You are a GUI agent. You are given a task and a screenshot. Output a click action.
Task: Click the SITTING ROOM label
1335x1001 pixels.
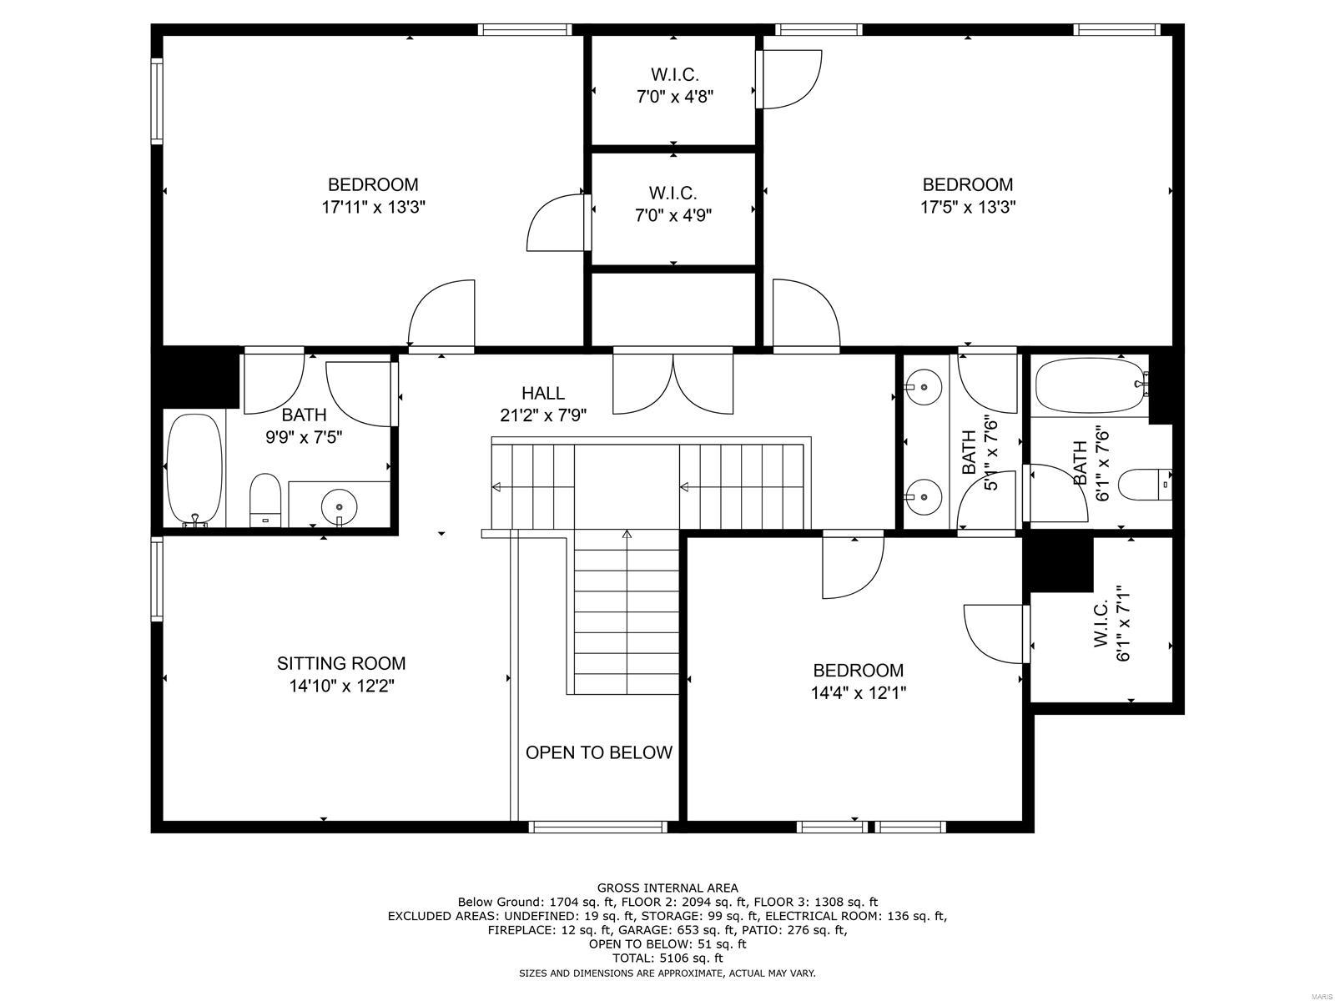click(x=341, y=663)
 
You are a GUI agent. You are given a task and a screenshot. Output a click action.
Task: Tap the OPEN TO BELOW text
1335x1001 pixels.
click(x=598, y=752)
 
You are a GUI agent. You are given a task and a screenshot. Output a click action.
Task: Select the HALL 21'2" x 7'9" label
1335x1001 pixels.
click(x=543, y=404)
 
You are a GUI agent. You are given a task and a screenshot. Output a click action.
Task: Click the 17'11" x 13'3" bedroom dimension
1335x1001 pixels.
click(x=373, y=207)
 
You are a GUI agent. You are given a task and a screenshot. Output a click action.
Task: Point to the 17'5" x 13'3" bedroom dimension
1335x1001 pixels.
click(x=967, y=207)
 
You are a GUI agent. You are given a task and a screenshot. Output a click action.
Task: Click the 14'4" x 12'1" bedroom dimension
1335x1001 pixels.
click(x=858, y=692)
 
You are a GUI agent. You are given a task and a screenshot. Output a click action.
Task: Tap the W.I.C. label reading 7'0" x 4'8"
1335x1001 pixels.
click(x=674, y=85)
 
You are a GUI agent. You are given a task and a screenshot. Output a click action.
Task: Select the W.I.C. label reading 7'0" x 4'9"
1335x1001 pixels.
click(x=673, y=204)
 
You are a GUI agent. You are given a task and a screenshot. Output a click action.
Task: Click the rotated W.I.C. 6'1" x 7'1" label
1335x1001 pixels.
click(x=1111, y=622)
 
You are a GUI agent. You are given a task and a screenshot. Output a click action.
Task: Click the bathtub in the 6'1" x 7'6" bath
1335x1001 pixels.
click(x=1089, y=385)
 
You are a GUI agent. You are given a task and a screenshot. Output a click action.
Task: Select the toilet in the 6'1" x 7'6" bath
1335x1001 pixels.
click(x=1144, y=484)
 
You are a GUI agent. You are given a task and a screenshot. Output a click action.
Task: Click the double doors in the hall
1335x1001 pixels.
click(x=673, y=382)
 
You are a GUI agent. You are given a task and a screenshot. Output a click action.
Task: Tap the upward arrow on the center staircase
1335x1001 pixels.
click(x=627, y=534)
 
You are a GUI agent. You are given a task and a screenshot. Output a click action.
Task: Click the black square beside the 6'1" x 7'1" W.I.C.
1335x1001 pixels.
click(x=1058, y=563)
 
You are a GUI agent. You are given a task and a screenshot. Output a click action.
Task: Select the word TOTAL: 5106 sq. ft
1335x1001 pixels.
click(x=667, y=958)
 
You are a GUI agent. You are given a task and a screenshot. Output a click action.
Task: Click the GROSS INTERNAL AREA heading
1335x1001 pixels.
click(x=667, y=888)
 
